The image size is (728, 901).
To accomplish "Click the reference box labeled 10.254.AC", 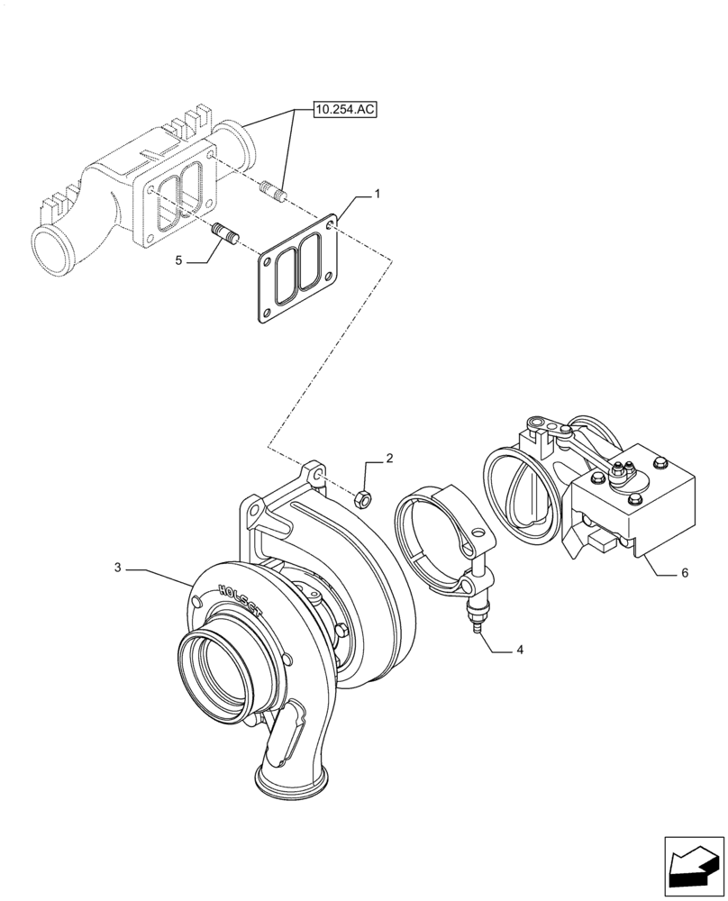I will pos(345,110).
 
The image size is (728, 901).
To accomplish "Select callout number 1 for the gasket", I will pos(378,194).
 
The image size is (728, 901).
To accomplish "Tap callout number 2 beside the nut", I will pos(118,568).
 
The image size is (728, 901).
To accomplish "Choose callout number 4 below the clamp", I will pos(178,259).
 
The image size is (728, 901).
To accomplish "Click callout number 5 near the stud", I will pos(685,572).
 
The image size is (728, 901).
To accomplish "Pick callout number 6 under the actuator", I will pos(685,572).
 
